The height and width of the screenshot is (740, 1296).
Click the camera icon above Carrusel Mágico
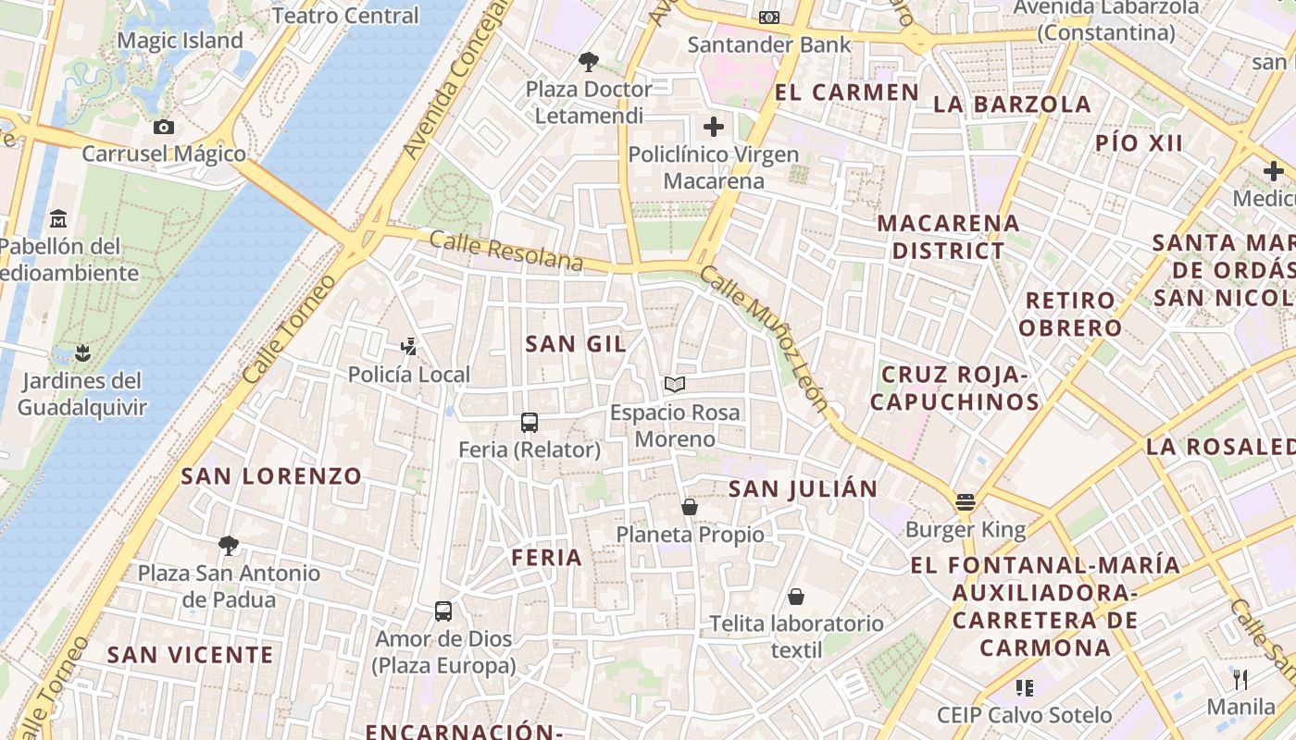point(164,127)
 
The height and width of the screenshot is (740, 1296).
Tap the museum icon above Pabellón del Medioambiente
point(58,219)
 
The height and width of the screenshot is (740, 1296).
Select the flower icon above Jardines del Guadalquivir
point(82,352)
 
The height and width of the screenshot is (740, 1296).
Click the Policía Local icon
point(408,347)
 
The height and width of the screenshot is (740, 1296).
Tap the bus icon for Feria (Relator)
point(530,423)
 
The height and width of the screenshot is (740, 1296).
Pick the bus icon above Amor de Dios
point(443,611)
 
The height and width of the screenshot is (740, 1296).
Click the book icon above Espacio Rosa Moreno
point(675,384)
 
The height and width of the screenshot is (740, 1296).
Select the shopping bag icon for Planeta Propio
point(690,507)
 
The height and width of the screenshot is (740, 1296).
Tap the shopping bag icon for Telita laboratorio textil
point(796,597)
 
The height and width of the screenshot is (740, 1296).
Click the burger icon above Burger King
point(966,502)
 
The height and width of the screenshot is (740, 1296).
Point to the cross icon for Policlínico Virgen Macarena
point(714,127)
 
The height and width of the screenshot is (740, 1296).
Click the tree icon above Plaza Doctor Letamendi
point(588,62)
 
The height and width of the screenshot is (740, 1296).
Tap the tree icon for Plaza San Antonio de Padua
point(229,546)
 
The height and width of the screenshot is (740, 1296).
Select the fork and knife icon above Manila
point(1240,680)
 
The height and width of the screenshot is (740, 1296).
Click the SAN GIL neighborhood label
point(576,344)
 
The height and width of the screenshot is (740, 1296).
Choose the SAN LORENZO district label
point(271,476)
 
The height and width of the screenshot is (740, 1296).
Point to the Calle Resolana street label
point(506,253)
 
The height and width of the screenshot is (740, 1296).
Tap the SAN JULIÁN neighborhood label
point(803,489)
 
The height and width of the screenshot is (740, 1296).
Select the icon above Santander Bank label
point(769,18)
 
